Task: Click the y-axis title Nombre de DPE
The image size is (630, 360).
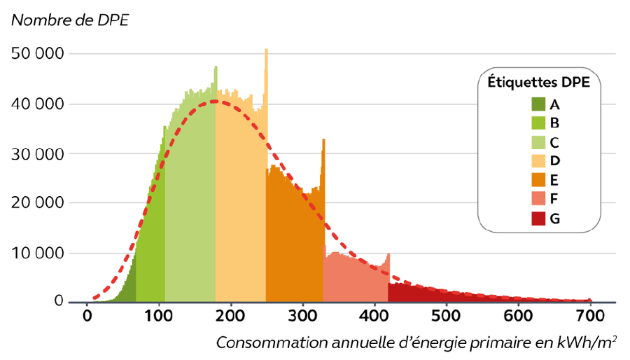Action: (70, 20)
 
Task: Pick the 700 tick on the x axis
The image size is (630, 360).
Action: (590, 316)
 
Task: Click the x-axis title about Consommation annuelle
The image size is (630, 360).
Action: (416, 343)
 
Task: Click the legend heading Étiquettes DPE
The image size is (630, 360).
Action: (538, 83)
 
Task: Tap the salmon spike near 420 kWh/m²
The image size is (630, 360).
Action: (388, 255)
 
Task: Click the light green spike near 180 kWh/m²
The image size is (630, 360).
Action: (216, 68)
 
